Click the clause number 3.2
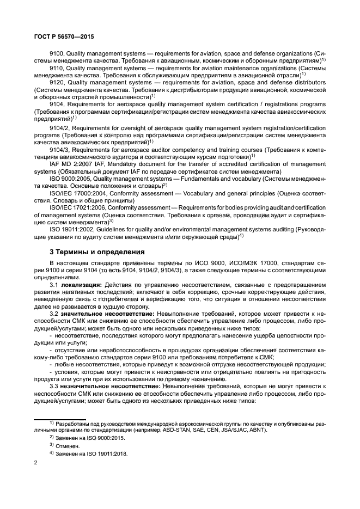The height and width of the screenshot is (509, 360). [x=54, y=314]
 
